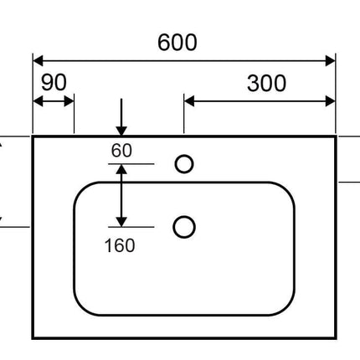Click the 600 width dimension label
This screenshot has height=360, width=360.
(177, 43)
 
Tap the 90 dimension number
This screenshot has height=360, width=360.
(54, 82)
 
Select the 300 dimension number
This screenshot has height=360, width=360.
(266, 83)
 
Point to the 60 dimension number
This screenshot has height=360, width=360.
(121, 150)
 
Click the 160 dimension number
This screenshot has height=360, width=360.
(120, 245)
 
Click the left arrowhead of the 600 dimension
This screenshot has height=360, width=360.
(38, 60)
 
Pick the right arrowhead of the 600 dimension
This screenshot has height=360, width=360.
(331, 60)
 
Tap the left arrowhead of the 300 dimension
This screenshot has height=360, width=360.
(189, 101)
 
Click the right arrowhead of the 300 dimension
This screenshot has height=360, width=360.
(331, 101)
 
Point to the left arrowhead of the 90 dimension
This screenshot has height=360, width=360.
(38, 101)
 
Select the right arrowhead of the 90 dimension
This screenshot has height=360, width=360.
(69, 101)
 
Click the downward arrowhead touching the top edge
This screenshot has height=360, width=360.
(121, 131)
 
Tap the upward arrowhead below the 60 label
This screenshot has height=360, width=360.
(121, 169)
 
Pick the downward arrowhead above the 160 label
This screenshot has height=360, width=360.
(121, 222)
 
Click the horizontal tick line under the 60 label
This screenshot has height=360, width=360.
(131, 164)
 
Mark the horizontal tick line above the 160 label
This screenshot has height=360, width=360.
(131, 227)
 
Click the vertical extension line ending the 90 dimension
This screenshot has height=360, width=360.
(75, 114)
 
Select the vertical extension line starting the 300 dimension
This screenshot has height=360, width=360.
(184, 114)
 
